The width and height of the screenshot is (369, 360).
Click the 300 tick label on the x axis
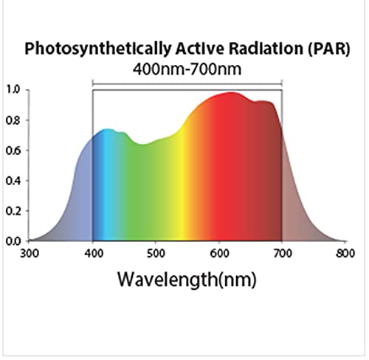point(30,252)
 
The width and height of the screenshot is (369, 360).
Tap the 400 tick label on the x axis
point(93,252)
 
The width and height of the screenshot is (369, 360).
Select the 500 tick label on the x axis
point(156,252)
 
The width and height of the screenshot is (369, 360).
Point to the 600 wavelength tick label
point(219,252)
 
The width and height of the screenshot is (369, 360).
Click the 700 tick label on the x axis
point(282,252)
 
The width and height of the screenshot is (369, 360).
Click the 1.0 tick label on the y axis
point(13,90)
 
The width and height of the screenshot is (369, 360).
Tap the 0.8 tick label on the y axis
point(13,120)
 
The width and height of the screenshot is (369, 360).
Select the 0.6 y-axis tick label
point(13,150)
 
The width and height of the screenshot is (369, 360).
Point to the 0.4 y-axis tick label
point(13,181)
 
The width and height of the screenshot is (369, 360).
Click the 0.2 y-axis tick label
point(13,211)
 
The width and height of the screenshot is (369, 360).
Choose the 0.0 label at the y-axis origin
point(13,240)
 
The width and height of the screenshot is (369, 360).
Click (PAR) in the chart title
point(325,49)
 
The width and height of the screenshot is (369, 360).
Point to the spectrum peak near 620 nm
point(232,94)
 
